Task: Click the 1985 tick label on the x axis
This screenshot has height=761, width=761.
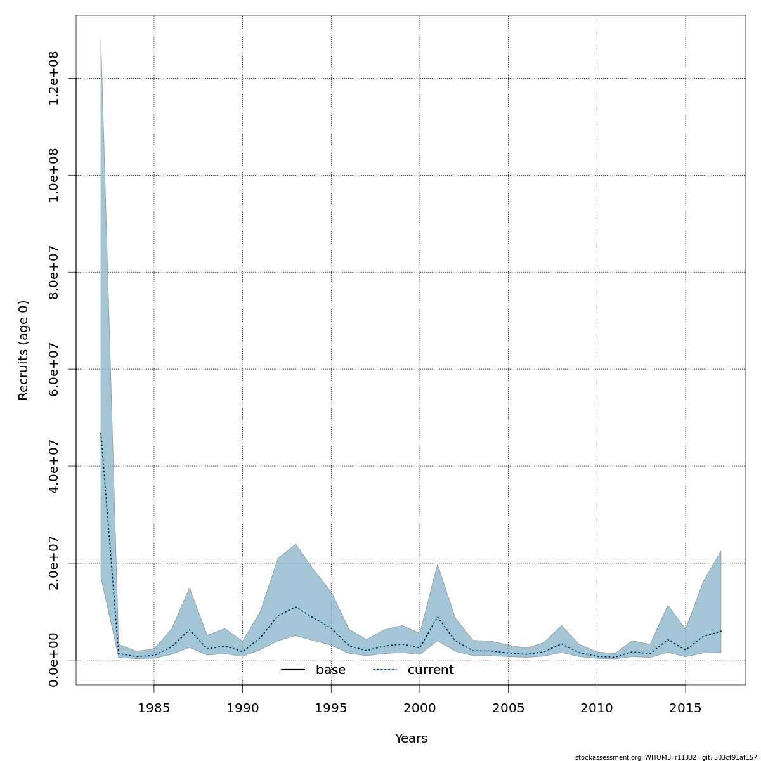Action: tap(153, 707)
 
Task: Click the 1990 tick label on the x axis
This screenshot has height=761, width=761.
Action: tap(242, 707)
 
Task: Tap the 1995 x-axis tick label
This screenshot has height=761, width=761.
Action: tap(331, 707)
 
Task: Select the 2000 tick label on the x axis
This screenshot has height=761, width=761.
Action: tap(419, 707)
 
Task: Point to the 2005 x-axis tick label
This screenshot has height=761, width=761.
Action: tap(508, 707)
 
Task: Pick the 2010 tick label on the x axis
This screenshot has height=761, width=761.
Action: tap(597, 707)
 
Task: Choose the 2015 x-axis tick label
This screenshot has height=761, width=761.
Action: tap(685, 707)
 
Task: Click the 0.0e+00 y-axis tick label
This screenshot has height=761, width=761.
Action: tap(54, 660)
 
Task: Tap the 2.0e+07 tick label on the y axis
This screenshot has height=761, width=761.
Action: tap(54, 563)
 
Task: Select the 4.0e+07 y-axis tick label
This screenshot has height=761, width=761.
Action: tap(54, 466)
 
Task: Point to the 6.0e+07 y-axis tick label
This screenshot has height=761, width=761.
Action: tap(54, 369)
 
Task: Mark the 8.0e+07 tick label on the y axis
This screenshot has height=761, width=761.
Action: tap(54, 272)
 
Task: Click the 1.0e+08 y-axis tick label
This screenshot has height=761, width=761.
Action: tap(54, 175)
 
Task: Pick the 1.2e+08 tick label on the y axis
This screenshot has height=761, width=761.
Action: tap(54, 78)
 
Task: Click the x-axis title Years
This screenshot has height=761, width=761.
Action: tap(411, 739)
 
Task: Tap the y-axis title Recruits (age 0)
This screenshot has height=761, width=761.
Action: tap(23, 350)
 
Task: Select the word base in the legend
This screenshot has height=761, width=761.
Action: tap(330, 670)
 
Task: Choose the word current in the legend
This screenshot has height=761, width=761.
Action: tap(431, 670)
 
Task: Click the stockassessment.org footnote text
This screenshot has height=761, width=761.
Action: tap(666, 757)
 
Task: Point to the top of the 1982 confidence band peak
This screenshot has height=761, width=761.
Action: tap(101, 40)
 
